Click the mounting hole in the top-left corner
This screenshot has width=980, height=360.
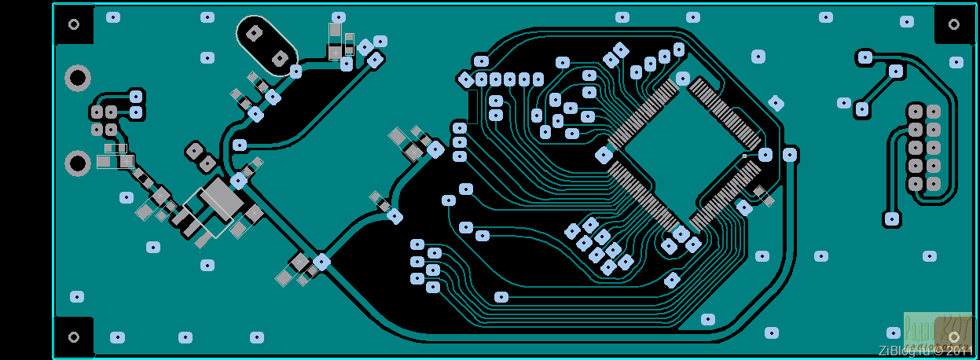click(x=74, y=24)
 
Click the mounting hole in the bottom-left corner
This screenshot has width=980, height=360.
click(x=74, y=337)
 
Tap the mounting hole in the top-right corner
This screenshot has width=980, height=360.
click(x=954, y=24)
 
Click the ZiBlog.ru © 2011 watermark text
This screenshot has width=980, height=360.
click(x=927, y=351)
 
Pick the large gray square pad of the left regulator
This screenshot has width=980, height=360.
click(x=222, y=197)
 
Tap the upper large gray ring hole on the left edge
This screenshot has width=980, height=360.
click(x=77, y=77)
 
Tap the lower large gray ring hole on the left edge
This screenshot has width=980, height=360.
click(x=77, y=163)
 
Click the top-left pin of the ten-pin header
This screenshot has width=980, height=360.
click(x=916, y=111)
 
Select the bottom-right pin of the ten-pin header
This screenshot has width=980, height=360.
click(x=934, y=184)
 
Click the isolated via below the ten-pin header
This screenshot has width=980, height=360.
click(x=891, y=219)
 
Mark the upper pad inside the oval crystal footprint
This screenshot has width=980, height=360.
click(x=255, y=33)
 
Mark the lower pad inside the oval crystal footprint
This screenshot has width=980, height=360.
click(x=279, y=57)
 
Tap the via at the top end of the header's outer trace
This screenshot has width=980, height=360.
click(x=864, y=57)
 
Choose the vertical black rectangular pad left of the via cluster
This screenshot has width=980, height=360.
click(x=472, y=106)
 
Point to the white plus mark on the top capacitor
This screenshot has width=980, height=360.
click(x=336, y=52)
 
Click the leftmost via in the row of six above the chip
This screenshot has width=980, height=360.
click(x=466, y=79)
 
